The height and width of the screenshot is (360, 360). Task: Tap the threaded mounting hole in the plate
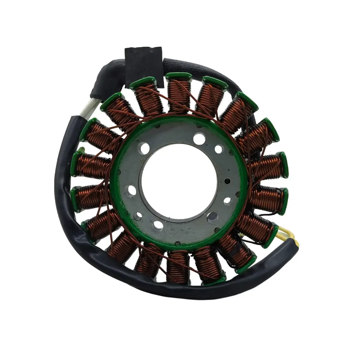click(212, 218)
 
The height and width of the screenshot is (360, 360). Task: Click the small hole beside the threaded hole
click(227, 201)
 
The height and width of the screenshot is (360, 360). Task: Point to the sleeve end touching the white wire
click(76, 121)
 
